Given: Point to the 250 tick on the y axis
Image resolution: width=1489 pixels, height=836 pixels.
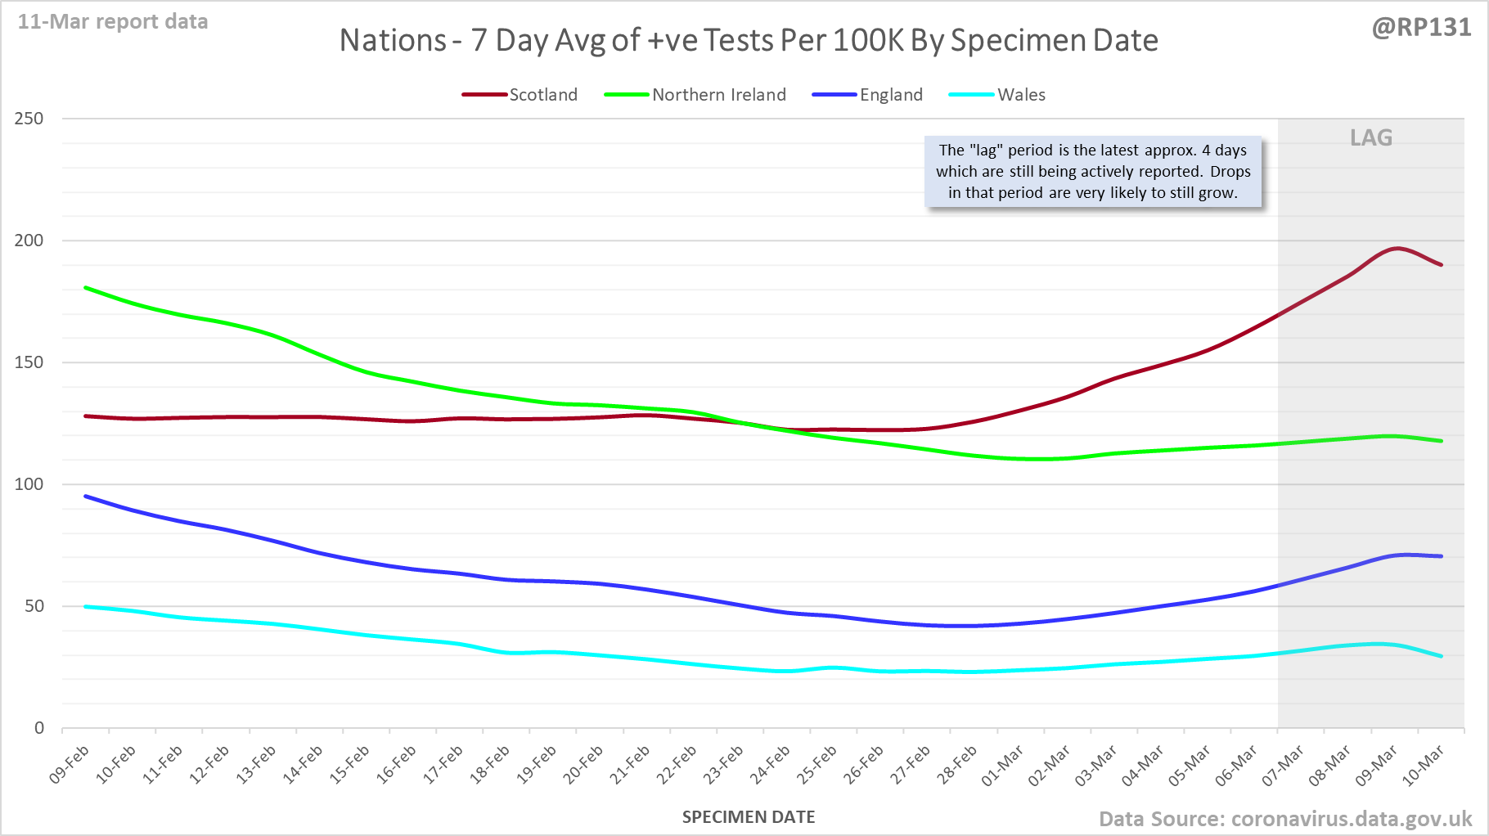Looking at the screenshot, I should [x=29, y=119].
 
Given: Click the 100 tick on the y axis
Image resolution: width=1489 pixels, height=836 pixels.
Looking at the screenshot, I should [x=29, y=484].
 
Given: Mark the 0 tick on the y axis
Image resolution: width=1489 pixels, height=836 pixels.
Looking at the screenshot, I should [x=38, y=728].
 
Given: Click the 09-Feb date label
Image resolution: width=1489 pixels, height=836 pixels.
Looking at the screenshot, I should [x=70, y=765].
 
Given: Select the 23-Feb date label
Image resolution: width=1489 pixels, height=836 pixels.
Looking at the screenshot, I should [x=724, y=765].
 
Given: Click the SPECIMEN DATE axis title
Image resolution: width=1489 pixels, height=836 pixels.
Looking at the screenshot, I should [x=749, y=817].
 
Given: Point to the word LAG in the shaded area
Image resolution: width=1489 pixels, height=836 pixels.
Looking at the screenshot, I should [x=1371, y=137].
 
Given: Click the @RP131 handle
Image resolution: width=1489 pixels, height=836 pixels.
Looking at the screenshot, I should [x=1421, y=28].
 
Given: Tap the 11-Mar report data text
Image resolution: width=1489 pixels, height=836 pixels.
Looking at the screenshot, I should [x=113, y=22].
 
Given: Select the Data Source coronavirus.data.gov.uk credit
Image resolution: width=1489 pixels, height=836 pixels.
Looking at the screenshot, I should [x=1285, y=819].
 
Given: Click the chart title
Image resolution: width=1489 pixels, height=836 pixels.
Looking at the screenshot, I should [x=749, y=40].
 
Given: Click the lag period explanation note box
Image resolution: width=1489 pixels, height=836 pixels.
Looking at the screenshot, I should [x=1093, y=172].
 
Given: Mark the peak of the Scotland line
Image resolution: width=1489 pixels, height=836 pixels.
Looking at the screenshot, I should [x=1397, y=248].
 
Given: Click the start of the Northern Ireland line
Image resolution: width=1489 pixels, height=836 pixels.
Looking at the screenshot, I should [x=86, y=288].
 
